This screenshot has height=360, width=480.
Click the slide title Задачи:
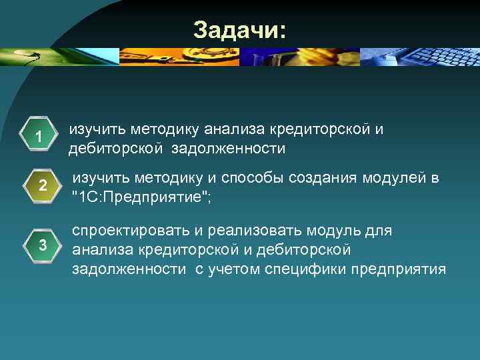click(x=239, y=30)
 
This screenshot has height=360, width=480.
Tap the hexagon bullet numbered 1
click(x=40, y=137)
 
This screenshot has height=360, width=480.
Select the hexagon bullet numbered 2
click(x=41, y=187)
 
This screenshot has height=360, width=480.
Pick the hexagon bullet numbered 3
click(x=42, y=245)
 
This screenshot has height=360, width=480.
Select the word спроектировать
click(x=131, y=231)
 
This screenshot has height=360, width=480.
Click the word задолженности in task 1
click(x=228, y=149)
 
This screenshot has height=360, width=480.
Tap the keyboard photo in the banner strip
click(x=420, y=57)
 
